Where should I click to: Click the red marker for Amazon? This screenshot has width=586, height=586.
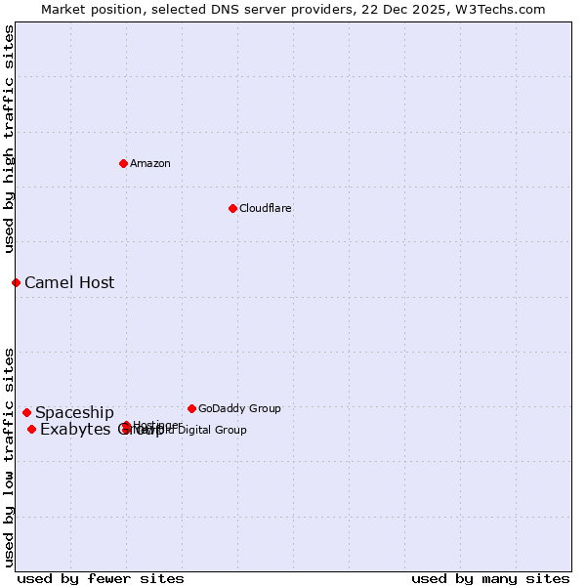coord(123,163)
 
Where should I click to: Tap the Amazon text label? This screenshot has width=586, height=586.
coord(150,163)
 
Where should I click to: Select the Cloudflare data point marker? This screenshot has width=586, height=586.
coord(232,208)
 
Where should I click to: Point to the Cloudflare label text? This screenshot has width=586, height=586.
coord(266,208)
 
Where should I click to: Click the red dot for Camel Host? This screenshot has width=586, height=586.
coord(16,282)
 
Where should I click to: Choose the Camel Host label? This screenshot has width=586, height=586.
coord(69,283)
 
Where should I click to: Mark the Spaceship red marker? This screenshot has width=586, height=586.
coord(26,412)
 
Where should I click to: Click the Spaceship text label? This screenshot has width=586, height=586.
coord(74,413)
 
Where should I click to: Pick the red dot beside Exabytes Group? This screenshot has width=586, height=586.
coord(31,429)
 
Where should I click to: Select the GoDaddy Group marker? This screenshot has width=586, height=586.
coord(191,408)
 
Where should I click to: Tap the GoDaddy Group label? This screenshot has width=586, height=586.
coord(239,408)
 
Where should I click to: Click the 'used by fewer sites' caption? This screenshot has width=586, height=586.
coord(101,579)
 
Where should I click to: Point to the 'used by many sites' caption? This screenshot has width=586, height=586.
coord(490,579)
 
